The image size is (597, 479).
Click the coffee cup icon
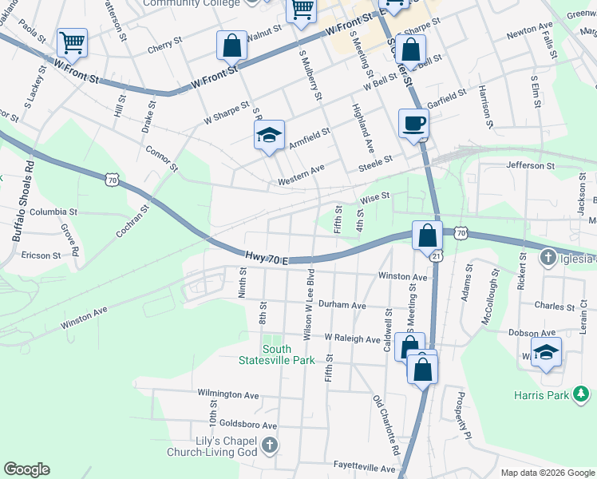pos(413,124)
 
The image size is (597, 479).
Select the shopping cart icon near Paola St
pos(72,43)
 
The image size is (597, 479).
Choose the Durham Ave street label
pos(341,305)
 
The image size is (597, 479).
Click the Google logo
pos(27,469)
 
